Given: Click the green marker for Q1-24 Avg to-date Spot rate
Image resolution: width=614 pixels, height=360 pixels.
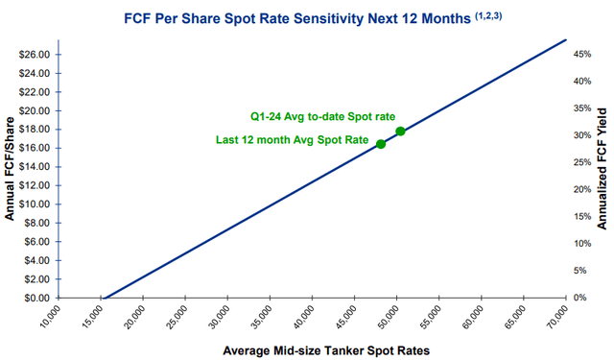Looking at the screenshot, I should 400,131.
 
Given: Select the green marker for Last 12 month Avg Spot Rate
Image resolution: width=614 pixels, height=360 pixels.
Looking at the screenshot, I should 381,144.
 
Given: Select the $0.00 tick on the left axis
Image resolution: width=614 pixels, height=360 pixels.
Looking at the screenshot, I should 37,298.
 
